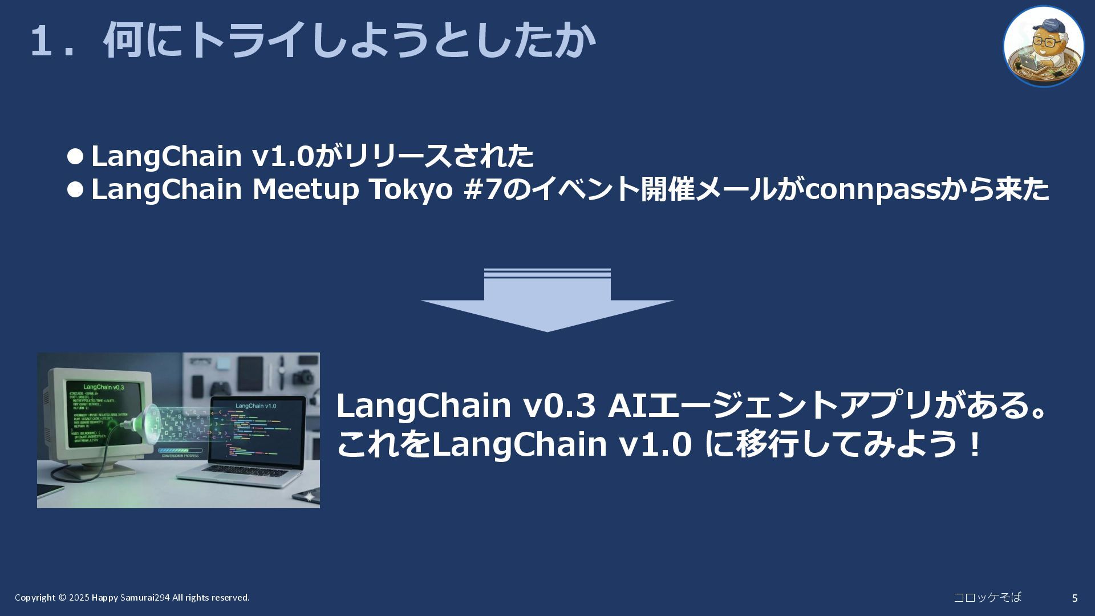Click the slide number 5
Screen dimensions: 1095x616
coord(1074,598)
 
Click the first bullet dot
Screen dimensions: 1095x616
coord(75,156)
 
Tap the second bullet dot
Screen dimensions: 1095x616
coord(75,189)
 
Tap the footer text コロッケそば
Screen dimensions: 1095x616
coord(987,597)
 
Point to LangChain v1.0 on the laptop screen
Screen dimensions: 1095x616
coord(256,406)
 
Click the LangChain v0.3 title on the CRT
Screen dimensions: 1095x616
coord(103,387)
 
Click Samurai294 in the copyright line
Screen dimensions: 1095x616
coord(145,598)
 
